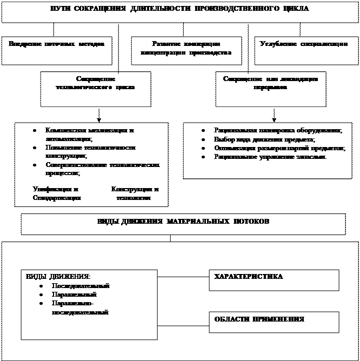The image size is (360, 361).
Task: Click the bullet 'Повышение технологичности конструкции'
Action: point(90,151)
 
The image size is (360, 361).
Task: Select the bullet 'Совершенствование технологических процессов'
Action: point(103,169)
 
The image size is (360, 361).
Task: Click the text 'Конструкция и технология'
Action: point(134,193)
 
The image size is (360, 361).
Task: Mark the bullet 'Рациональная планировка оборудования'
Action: point(277,131)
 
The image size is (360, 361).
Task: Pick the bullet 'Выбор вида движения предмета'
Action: point(264,139)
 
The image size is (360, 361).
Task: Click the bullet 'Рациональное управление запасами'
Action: point(270,157)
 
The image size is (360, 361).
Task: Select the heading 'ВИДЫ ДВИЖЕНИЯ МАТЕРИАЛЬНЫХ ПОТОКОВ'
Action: point(183,222)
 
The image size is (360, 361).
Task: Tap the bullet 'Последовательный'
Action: point(80,286)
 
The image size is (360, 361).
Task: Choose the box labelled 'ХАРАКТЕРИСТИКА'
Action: point(274,280)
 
